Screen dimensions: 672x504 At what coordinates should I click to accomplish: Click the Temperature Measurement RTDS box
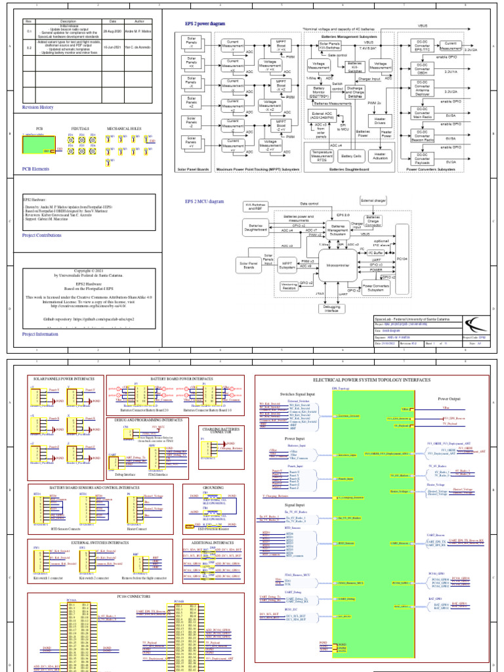pyautogui.click(x=322, y=156)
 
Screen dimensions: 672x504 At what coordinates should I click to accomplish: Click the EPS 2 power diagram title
pyautogui.click(x=204, y=24)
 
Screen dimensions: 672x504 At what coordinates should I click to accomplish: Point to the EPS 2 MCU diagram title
pyautogui.click(x=204, y=201)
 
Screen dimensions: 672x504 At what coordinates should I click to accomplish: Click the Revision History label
pyautogui.click(x=38, y=106)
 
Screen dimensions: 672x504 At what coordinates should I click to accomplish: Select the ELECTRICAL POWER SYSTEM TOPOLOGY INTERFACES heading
pyautogui.click(x=371, y=380)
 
